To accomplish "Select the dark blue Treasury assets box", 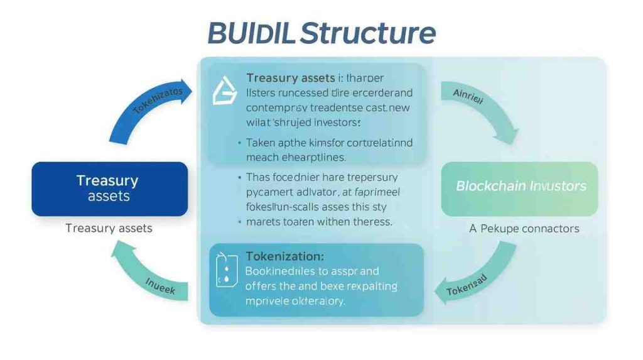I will click(109, 188).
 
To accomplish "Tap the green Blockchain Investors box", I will click(521, 186).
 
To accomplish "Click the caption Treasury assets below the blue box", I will click(109, 228).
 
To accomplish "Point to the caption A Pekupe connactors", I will click(524, 228).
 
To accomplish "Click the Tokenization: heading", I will click(285, 256).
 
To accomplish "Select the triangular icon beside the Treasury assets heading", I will click(222, 92).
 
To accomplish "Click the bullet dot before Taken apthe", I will click(240, 143).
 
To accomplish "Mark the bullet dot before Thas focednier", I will click(240, 178).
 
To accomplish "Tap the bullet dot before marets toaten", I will click(240, 222).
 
